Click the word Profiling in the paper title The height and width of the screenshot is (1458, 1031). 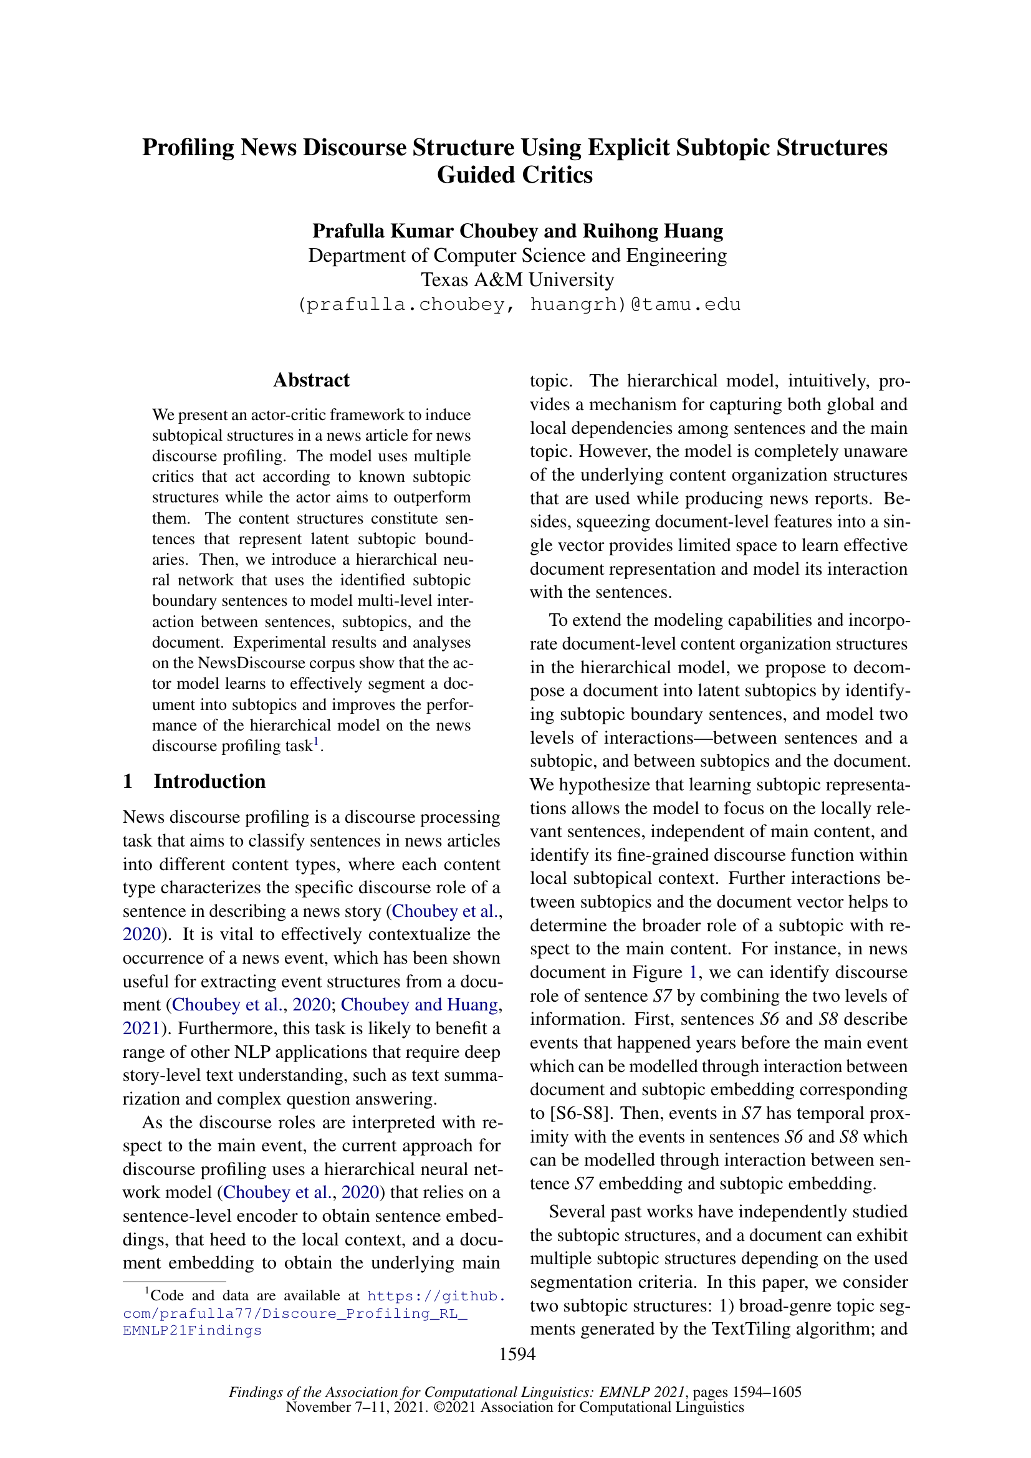(x=188, y=148)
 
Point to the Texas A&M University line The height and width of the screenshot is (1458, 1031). (x=517, y=280)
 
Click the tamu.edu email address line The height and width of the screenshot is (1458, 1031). (x=519, y=305)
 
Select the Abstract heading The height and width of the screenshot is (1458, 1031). (x=311, y=380)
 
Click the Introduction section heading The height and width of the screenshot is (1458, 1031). (x=209, y=782)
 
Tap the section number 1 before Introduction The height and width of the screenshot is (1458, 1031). (x=128, y=782)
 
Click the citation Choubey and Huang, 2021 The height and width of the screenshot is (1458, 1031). (x=420, y=1005)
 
